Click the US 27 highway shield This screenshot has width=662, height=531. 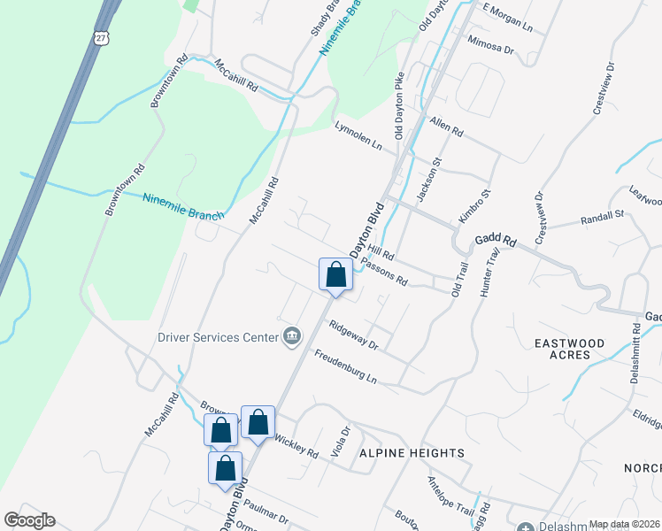coord(100,36)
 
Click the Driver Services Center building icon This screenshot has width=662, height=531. coord(291,335)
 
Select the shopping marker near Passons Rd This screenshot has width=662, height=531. coord(335,274)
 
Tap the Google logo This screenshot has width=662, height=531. coord(30,520)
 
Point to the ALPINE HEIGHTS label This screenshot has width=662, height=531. coord(412,453)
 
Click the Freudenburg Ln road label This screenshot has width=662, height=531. coord(346,367)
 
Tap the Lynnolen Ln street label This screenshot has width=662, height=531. coord(358,136)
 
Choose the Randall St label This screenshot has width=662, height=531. coord(602,217)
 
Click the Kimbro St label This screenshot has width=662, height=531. coord(474,205)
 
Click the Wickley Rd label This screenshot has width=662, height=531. coord(296,447)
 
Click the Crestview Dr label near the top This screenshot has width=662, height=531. coord(602,88)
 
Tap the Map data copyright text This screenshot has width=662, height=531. coord(625,524)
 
